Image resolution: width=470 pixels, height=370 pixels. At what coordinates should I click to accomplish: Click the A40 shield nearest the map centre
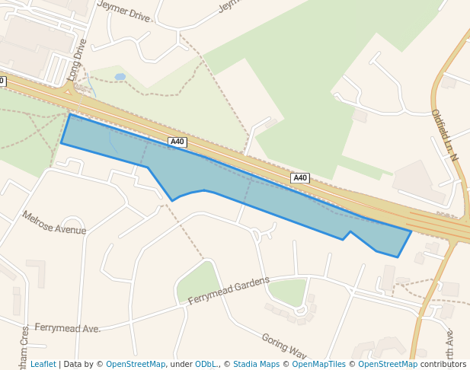click(177, 142)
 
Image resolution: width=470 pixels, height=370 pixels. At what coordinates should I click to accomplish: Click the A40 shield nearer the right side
click(300, 178)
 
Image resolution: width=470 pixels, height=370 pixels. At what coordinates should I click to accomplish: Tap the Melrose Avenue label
click(54, 223)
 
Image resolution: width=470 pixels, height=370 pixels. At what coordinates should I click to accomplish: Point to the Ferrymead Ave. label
click(68, 328)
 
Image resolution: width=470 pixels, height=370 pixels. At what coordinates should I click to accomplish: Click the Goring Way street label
click(283, 346)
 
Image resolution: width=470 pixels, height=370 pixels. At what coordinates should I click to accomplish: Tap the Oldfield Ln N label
click(444, 135)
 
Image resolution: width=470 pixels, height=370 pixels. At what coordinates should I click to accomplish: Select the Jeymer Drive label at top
click(124, 10)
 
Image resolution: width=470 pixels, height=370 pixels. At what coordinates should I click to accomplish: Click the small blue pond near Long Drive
click(120, 77)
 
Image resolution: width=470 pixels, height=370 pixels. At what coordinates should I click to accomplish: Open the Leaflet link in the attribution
click(43, 364)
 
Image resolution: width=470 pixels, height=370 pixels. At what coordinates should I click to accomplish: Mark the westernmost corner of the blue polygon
click(61, 142)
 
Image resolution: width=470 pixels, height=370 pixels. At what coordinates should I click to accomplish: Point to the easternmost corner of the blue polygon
click(411, 231)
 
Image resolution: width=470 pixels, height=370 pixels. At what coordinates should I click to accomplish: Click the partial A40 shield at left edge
click(2, 81)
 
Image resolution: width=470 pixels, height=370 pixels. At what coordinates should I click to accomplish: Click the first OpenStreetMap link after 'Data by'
click(136, 364)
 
